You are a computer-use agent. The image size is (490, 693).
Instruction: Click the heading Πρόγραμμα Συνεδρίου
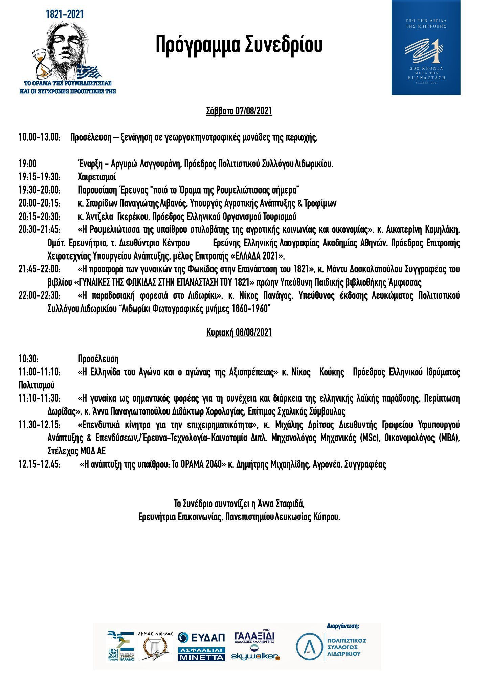click(239, 45)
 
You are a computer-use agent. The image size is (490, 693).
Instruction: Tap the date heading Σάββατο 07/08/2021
click(239, 111)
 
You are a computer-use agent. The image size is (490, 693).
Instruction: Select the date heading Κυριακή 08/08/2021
click(239, 333)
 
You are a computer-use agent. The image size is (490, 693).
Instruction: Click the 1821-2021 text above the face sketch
click(65, 14)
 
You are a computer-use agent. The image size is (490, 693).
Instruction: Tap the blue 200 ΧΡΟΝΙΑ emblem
click(426, 47)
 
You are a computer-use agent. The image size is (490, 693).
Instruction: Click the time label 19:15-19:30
click(40, 177)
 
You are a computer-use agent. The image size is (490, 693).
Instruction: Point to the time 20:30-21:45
click(40, 230)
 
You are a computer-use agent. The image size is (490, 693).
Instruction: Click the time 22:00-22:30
click(40, 296)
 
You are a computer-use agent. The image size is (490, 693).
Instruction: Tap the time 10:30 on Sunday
click(28, 359)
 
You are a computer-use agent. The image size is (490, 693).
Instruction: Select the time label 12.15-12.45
click(40, 464)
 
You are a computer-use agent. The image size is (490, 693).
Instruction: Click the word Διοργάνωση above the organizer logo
click(343, 626)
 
